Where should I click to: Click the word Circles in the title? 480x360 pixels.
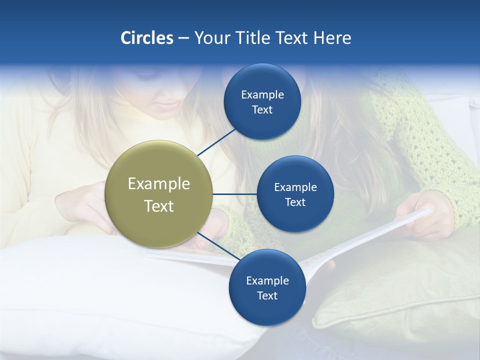[146, 38]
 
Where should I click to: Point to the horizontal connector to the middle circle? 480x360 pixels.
[234, 194]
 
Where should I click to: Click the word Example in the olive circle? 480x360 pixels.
[158, 184]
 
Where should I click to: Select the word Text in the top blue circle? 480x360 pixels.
[262, 109]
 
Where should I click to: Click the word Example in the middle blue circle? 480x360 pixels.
[295, 187]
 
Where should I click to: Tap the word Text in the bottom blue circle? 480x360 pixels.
[267, 295]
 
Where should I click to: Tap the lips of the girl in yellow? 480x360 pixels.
[167, 104]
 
